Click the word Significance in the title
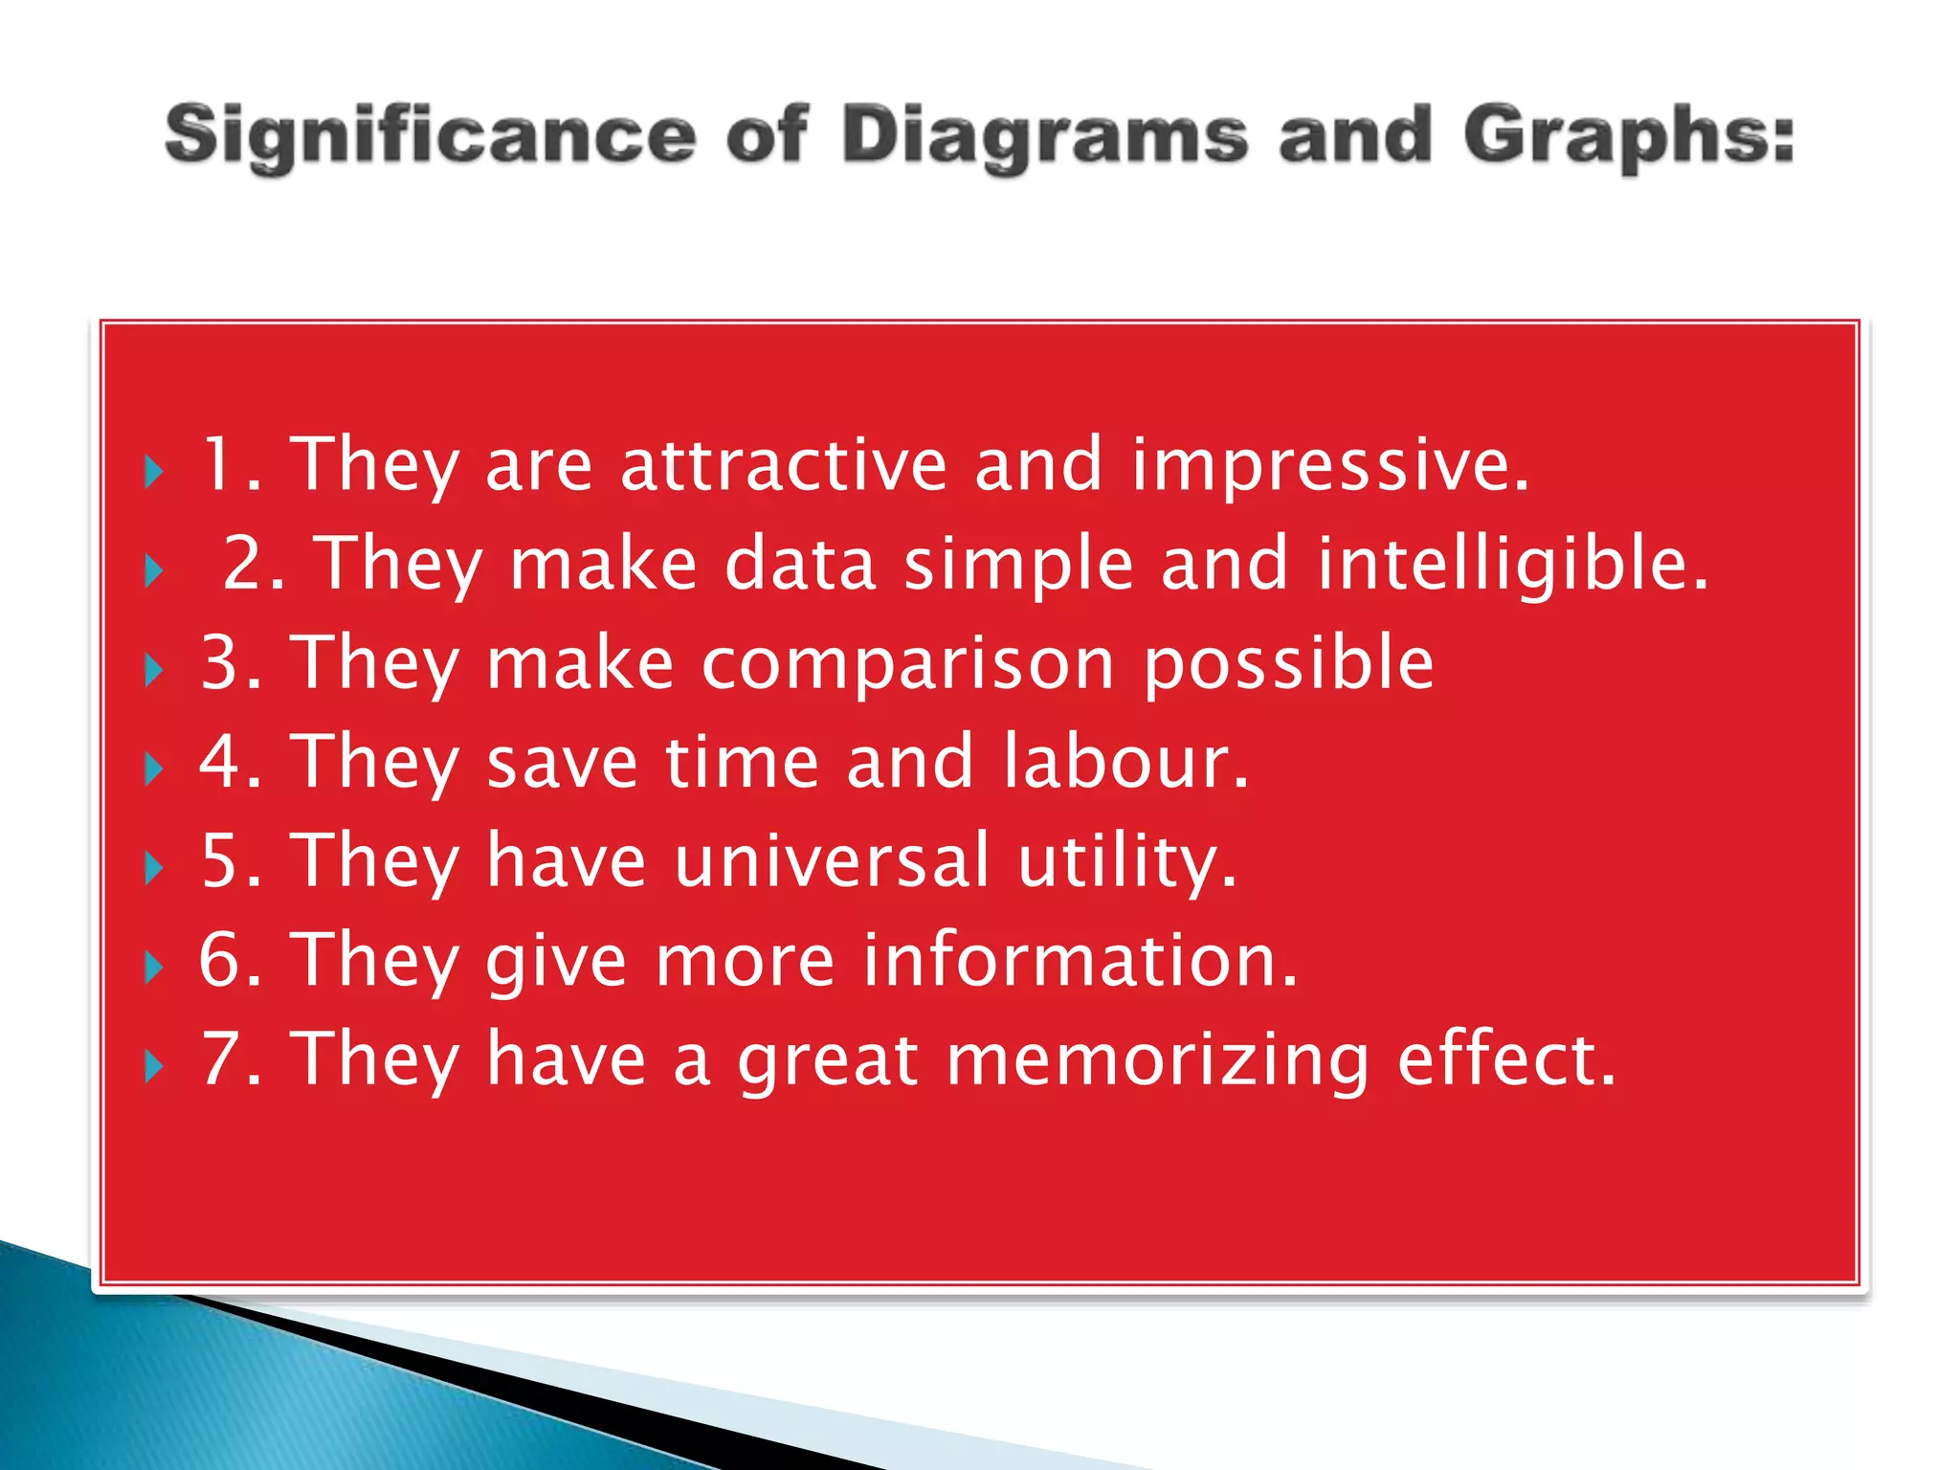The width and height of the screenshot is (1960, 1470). (x=430, y=137)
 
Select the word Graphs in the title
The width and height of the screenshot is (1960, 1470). (x=1627, y=137)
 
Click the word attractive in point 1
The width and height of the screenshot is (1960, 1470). (x=784, y=465)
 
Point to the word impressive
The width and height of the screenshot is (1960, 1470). (x=1329, y=465)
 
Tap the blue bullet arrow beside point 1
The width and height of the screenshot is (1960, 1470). (x=154, y=472)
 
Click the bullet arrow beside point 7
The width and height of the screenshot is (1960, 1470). (x=154, y=1065)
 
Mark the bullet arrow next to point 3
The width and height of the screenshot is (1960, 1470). (x=154, y=670)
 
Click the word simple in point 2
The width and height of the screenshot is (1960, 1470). (x=1018, y=564)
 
